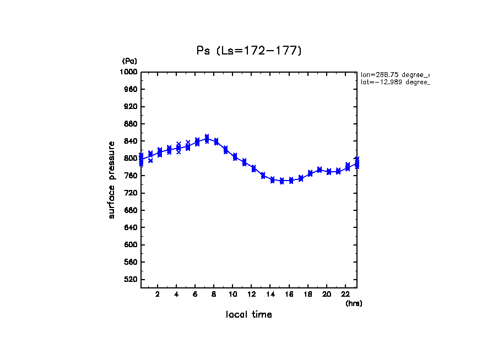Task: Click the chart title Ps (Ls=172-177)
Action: coord(249,51)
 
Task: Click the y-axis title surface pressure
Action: coord(112,179)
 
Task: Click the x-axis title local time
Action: coord(249,314)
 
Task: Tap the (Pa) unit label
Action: coord(129,61)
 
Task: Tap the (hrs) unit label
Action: coord(354,303)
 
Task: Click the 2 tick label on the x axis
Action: coord(158,294)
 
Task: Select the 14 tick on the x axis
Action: coord(270,294)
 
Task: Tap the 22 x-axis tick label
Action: coord(346,294)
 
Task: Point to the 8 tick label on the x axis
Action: coord(214,294)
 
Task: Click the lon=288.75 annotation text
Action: coord(394,74)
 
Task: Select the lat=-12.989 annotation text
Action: coord(394,82)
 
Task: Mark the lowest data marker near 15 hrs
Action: coord(282,181)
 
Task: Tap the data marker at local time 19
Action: coord(320,170)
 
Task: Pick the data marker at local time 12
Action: coord(253,168)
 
